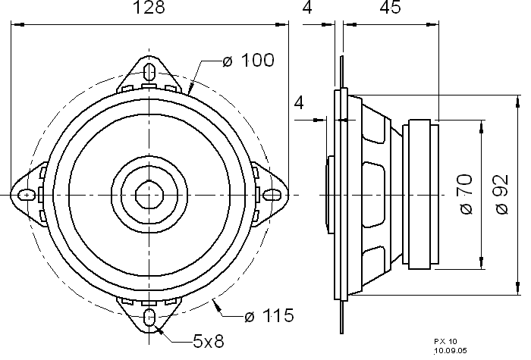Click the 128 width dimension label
pyautogui.click(x=149, y=7)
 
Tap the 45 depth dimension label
pyautogui.click(x=390, y=7)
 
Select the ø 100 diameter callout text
pyautogui.click(x=248, y=60)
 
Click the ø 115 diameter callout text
pyautogui.click(x=269, y=316)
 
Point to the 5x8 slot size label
pyautogui.click(x=209, y=341)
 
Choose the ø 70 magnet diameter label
pyautogui.click(x=467, y=194)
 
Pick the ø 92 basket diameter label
pyautogui.click(x=502, y=194)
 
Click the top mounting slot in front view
pyautogui.click(x=149, y=72)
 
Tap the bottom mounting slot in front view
pyautogui.click(x=149, y=318)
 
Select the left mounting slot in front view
pyautogui.click(x=27, y=195)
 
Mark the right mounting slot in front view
pyautogui.click(x=272, y=195)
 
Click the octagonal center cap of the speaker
pyautogui.click(x=149, y=195)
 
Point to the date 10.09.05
pyautogui.click(x=451, y=350)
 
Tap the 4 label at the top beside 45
pyautogui.click(x=306, y=7)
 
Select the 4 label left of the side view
pyautogui.click(x=299, y=103)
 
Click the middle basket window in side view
pyautogui.click(x=373, y=195)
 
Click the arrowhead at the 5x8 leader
pyautogui.click(x=159, y=330)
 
